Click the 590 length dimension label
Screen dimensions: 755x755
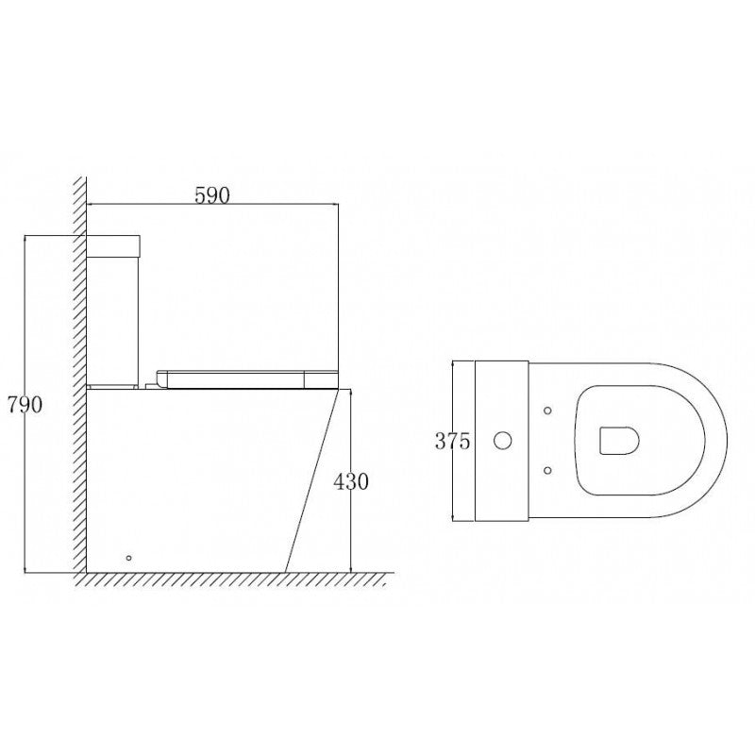pyautogui.click(x=212, y=195)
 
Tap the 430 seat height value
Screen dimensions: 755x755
pyautogui.click(x=351, y=481)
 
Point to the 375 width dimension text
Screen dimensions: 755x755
pyautogui.click(x=453, y=440)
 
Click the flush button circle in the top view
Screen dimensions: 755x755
pyautogui.click(x=504, y=440)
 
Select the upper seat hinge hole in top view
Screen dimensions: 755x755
pyautogui.click(x=548, y=411)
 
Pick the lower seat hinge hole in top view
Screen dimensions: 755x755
pyautogui.click(x=548, y=470)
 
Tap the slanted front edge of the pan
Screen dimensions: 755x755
pyautogui.click(x=311, y=481)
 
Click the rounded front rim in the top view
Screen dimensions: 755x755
pyautogui.click(x=722, y=440)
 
